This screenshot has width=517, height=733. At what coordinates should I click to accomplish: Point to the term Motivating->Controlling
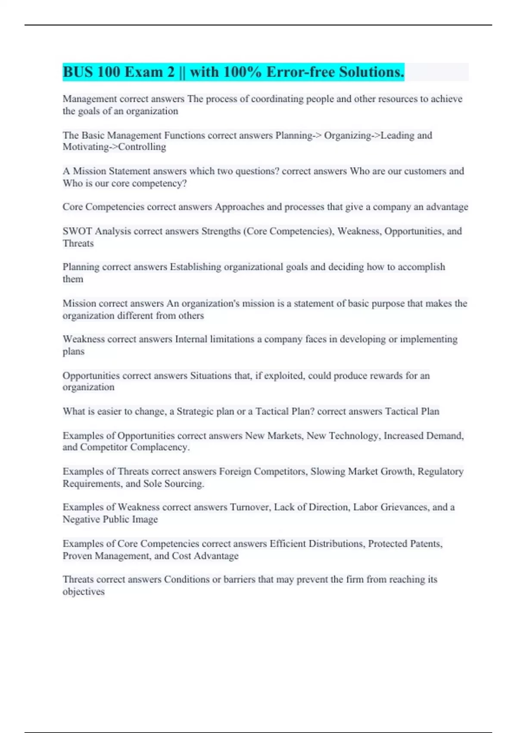pyautogui.click(x=114, y=147)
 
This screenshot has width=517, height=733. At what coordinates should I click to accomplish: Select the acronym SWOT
pyautogui.click(x=77, y=232)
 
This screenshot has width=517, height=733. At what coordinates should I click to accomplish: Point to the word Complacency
pyautogui.click(x=160, y=448)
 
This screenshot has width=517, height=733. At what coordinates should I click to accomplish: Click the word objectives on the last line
pyautogui.click(x=84, y=592)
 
